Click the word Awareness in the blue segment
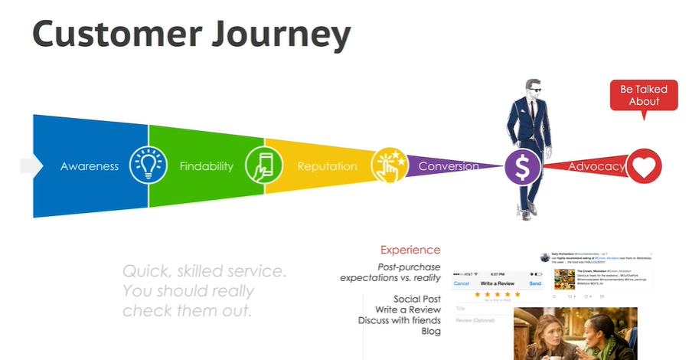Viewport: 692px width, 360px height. [90, 166]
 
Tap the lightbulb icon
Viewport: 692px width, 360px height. [148, 165]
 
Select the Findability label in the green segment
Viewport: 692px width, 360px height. [206, 166]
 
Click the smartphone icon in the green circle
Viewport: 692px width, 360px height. [263, 165]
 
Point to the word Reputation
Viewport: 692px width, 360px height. [327, 166]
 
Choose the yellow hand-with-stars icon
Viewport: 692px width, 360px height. [388, 165]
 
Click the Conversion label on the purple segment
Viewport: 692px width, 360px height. [449, 166]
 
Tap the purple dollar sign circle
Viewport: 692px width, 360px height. [523, 166]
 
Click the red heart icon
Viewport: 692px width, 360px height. [644, 166]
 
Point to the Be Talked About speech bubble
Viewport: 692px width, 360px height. [644, 96]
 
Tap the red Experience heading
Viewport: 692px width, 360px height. [410, 250]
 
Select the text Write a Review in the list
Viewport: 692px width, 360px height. [408, 309]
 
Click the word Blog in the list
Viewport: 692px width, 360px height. [431, 331]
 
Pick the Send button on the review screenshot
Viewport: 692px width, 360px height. [535, 283]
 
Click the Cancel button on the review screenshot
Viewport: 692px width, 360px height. [462, 283]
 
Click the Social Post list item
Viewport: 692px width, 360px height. [417, 299]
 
